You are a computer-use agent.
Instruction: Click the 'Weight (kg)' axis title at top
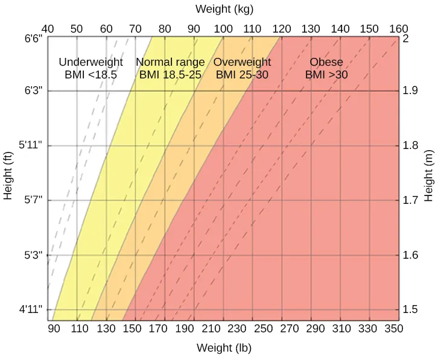[224, 9]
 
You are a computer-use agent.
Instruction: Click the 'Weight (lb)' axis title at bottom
[224, 348]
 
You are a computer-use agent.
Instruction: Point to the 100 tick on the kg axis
[223, 29]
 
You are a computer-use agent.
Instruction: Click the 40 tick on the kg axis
[48, 29]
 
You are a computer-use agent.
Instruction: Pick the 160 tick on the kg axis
[399, 29]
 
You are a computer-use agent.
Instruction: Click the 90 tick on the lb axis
[54, 329]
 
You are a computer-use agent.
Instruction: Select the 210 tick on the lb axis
[211, 329]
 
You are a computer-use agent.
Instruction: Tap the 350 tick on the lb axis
[393, 329]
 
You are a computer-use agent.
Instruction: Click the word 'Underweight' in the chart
[90, 62]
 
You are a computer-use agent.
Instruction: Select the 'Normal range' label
[170, 62]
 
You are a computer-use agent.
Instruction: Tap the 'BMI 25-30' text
[242, 75]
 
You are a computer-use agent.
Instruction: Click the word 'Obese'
[326, 62]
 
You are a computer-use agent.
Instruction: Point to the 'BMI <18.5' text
[90, 75]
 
